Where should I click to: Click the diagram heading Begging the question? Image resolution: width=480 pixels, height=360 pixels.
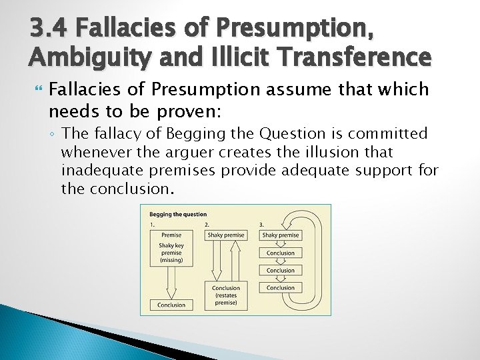point(178,215)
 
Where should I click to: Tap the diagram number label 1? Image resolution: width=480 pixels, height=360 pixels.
point(153,225)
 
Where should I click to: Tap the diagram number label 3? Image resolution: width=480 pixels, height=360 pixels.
point(262,225)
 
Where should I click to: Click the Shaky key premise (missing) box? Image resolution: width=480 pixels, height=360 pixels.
point(171,251)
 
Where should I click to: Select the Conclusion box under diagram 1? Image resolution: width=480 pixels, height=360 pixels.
point(171,305)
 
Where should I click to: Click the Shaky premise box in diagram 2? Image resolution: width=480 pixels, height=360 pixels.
point(226,235)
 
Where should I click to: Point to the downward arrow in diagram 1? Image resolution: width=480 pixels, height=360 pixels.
point(171,283)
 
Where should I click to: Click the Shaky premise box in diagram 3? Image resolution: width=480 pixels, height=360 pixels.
point(281,235)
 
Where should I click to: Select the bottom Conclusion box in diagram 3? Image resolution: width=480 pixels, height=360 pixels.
point(281,288)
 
